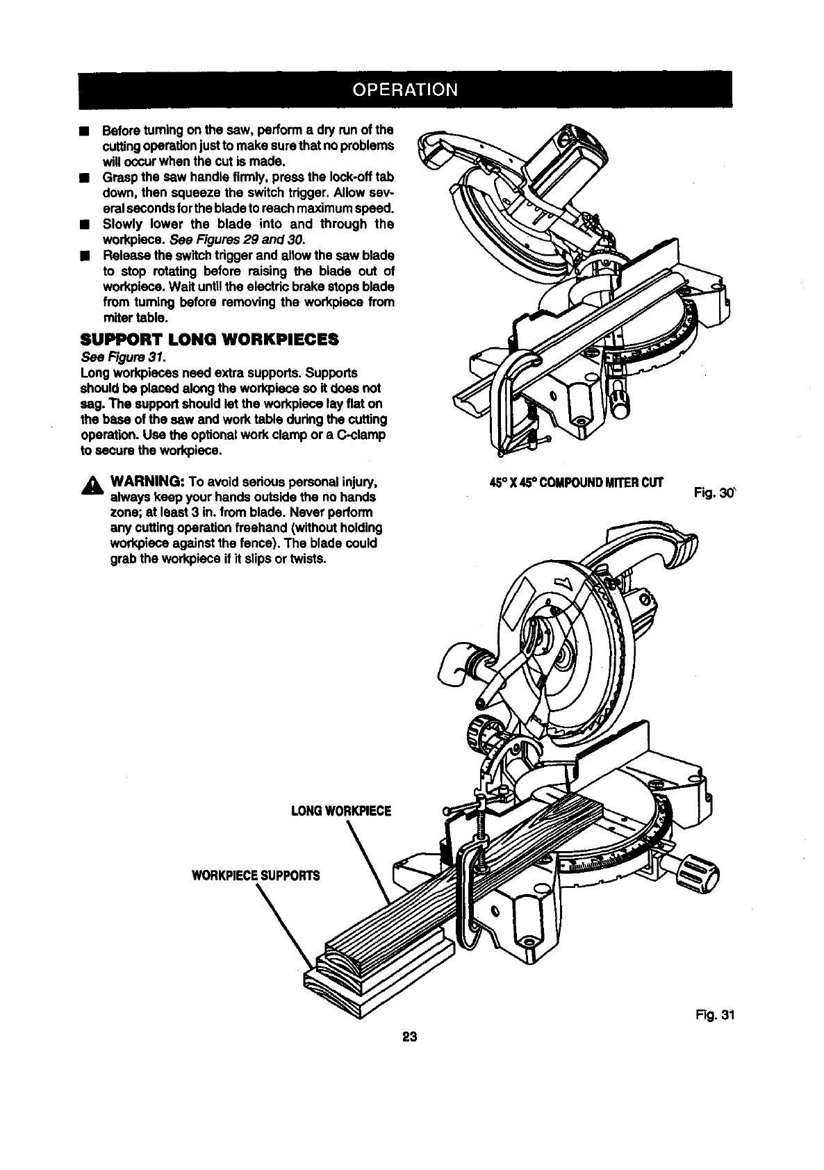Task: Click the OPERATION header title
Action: (x=406, y=90)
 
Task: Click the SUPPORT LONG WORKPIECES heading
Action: (x=210, y=340)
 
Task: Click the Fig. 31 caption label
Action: (x=716, y=1015)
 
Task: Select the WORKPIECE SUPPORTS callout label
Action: (x=256, y=875)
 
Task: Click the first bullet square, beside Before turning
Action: (x=84, y=131)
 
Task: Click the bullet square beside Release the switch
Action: (x=84, y=256)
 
